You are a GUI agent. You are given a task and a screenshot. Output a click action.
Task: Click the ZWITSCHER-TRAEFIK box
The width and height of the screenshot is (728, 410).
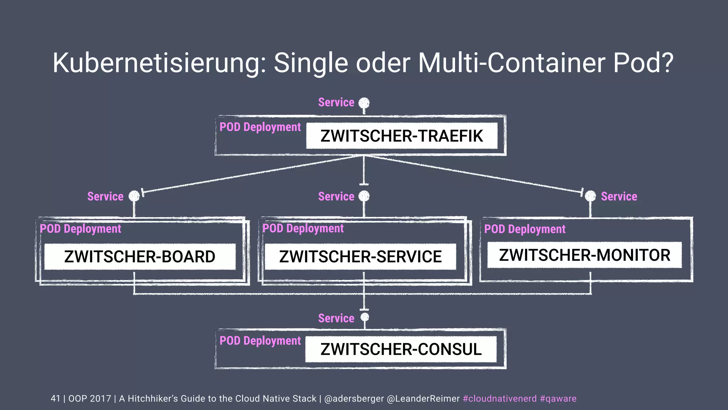(x=402, y=136)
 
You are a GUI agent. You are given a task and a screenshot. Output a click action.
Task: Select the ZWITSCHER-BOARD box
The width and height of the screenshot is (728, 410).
(x=140, y=257)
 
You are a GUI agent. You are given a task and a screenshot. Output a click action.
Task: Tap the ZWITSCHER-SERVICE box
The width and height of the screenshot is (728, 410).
(x=360, y=257)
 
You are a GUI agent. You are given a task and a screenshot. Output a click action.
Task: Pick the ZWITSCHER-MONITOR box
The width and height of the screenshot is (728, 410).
(x=584, y=255)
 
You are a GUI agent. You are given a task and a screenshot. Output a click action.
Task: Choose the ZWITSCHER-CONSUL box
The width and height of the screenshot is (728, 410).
(x=401, y=349)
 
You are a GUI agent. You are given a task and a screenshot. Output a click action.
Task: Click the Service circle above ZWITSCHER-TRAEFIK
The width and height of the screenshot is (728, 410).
(x=364, y=103)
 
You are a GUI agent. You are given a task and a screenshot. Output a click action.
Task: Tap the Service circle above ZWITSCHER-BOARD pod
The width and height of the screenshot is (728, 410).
(x=134, y=196)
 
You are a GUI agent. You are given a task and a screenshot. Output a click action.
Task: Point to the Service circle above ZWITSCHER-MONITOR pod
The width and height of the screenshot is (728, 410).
(x=590, y=196)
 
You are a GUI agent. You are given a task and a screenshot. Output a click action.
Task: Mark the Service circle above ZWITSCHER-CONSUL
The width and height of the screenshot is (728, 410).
(x=365, y=317)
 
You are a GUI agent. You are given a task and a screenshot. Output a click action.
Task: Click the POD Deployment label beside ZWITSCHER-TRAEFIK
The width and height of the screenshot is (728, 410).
(x=260, y=127)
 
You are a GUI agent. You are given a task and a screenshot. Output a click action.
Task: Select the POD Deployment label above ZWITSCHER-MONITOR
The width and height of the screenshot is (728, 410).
(x=525, y=229)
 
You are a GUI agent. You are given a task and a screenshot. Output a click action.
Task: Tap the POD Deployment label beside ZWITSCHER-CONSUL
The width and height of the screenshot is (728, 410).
(x=260, y=341)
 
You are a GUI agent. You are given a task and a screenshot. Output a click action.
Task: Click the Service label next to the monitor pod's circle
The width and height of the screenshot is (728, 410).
(x=619, y=196)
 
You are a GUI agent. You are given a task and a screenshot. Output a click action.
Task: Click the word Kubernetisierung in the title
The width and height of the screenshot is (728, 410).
(x=159, y=63)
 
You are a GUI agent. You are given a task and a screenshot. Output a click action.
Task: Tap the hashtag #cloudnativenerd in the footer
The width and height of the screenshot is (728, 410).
(x=499, y=399)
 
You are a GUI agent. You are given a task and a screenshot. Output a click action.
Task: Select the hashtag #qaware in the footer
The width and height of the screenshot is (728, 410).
(x=558, y=399)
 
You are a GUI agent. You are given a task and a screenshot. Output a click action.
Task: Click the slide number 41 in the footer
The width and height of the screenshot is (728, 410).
(x=55, y=399)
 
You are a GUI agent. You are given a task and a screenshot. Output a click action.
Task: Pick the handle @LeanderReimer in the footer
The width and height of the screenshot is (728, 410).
(x=423, y=399)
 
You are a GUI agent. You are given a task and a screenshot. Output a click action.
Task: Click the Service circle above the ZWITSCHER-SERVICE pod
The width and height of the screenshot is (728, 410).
(x=364, y=196)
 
